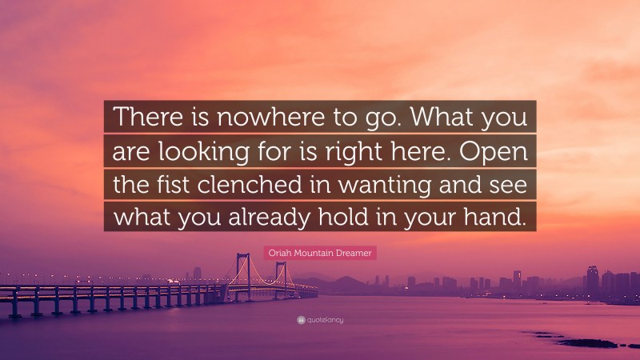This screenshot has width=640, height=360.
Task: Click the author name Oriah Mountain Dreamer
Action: coord(320,253)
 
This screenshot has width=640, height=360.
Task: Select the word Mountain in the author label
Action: coord(322,253)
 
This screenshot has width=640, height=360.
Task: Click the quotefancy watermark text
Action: coord(325,320)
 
